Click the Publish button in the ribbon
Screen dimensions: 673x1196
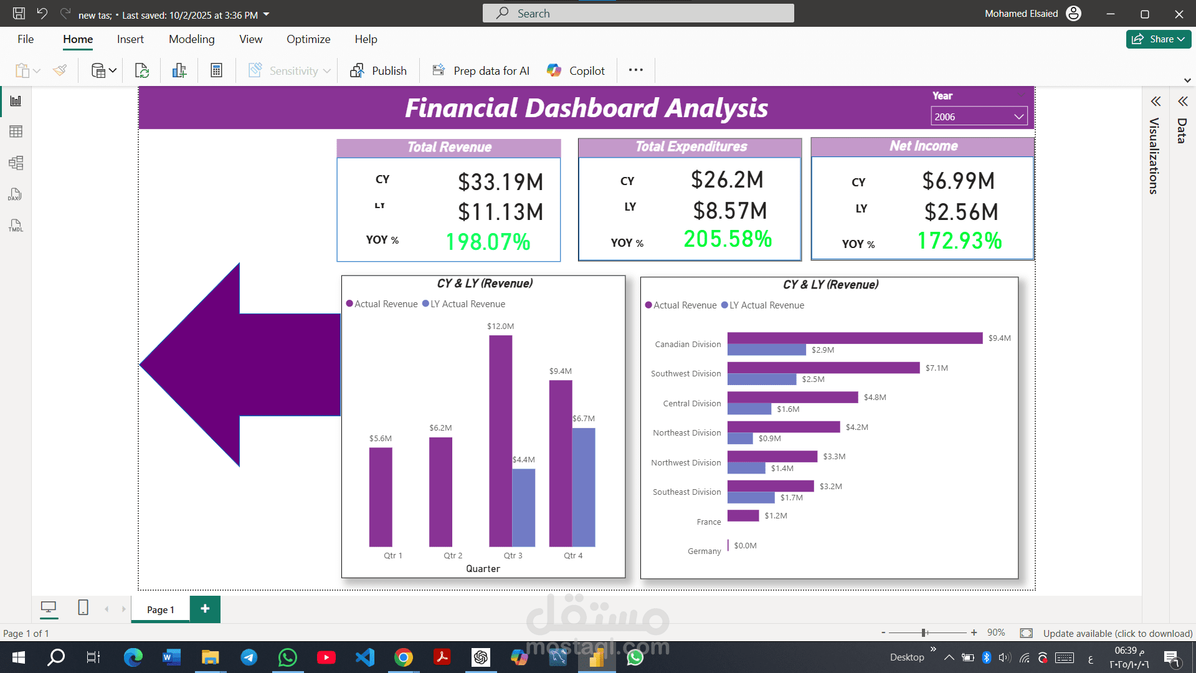click(379, 70)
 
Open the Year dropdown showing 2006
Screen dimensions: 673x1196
click(979, 117)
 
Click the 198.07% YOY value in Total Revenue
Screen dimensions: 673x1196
click(488, 242)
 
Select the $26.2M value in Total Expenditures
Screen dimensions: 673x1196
click(727, 180)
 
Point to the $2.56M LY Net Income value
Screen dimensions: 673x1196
click(961, 212)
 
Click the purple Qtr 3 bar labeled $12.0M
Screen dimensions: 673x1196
click(500, 436)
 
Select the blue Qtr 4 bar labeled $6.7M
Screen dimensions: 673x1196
click(584, 486)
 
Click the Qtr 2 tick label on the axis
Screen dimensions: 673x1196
click(453, 555)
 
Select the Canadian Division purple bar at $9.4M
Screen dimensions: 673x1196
click(854, 338)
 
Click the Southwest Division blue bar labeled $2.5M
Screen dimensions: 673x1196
click(761, 379)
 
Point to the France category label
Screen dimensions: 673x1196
click(708, 522)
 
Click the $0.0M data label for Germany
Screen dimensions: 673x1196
click(745, 545)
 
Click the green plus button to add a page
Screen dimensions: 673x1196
click(205, 609)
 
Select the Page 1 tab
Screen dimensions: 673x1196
click(160, 609)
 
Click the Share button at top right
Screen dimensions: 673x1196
click(1158, 39)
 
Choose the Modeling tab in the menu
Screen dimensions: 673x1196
click(191, 39)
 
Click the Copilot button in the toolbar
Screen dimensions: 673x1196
click(576, 70)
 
